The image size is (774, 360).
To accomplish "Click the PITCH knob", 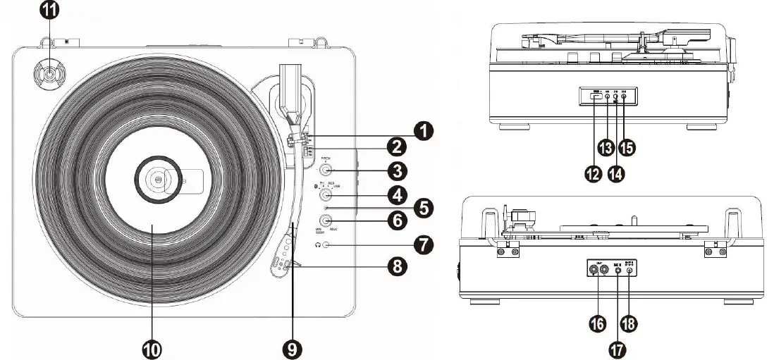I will (326, 170).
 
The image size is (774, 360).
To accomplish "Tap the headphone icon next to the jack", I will (318, 245).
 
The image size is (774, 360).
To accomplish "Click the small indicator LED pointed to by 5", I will (324, 208).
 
